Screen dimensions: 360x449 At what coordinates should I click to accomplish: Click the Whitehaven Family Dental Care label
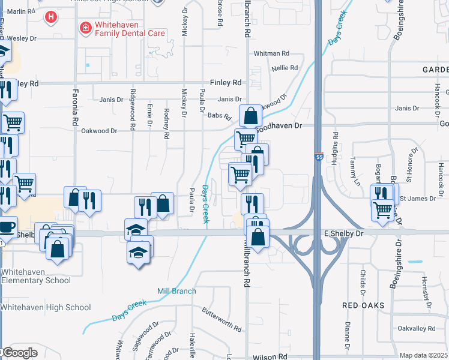click(129, 29)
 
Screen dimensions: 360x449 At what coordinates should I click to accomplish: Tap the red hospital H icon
click(51, 17)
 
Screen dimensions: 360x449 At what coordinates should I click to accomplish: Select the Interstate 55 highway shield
click(318, 156)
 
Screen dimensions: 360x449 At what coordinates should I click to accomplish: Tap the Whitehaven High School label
click(46, 308)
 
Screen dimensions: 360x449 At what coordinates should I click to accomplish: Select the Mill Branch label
click(176, 292)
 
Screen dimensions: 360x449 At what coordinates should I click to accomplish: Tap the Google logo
click(19, 353)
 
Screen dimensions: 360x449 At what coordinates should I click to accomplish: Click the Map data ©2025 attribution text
click(423, 355)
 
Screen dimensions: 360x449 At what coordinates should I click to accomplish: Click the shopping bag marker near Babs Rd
click(250, 115)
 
